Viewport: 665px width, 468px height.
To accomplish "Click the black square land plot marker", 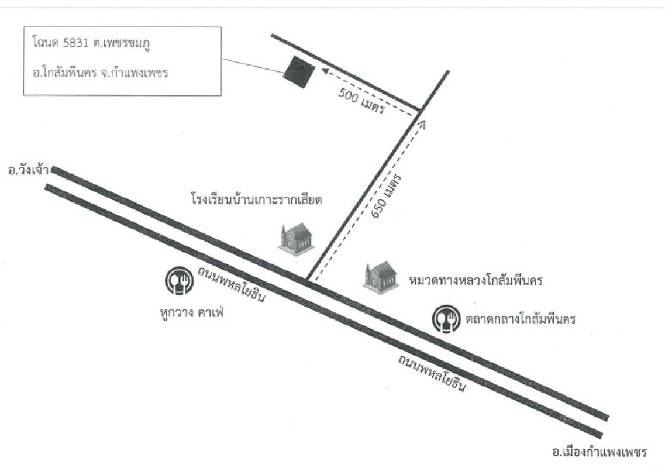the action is pos(299,72).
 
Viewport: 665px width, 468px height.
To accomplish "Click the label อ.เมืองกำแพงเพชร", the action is pos(599,452).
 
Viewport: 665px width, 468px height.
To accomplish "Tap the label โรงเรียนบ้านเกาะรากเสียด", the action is pos(256,199).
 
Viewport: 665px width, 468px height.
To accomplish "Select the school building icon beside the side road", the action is pos(297,238).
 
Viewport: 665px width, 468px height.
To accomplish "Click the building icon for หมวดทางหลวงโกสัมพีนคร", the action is pos(381,277).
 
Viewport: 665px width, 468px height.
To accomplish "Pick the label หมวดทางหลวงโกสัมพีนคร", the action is pos(476,280).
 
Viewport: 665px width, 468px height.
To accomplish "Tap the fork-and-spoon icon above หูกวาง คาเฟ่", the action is pos(180,280).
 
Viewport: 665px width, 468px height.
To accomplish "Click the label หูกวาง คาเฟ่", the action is pos(192,313).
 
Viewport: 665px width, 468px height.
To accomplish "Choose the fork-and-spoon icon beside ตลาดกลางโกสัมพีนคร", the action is pos(446,319).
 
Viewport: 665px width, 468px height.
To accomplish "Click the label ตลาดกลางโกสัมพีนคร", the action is pos(521,318).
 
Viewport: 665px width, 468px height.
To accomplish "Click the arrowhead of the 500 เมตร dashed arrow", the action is pos(325,71).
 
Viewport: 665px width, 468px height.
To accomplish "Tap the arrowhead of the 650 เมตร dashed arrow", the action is pos(422,123).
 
